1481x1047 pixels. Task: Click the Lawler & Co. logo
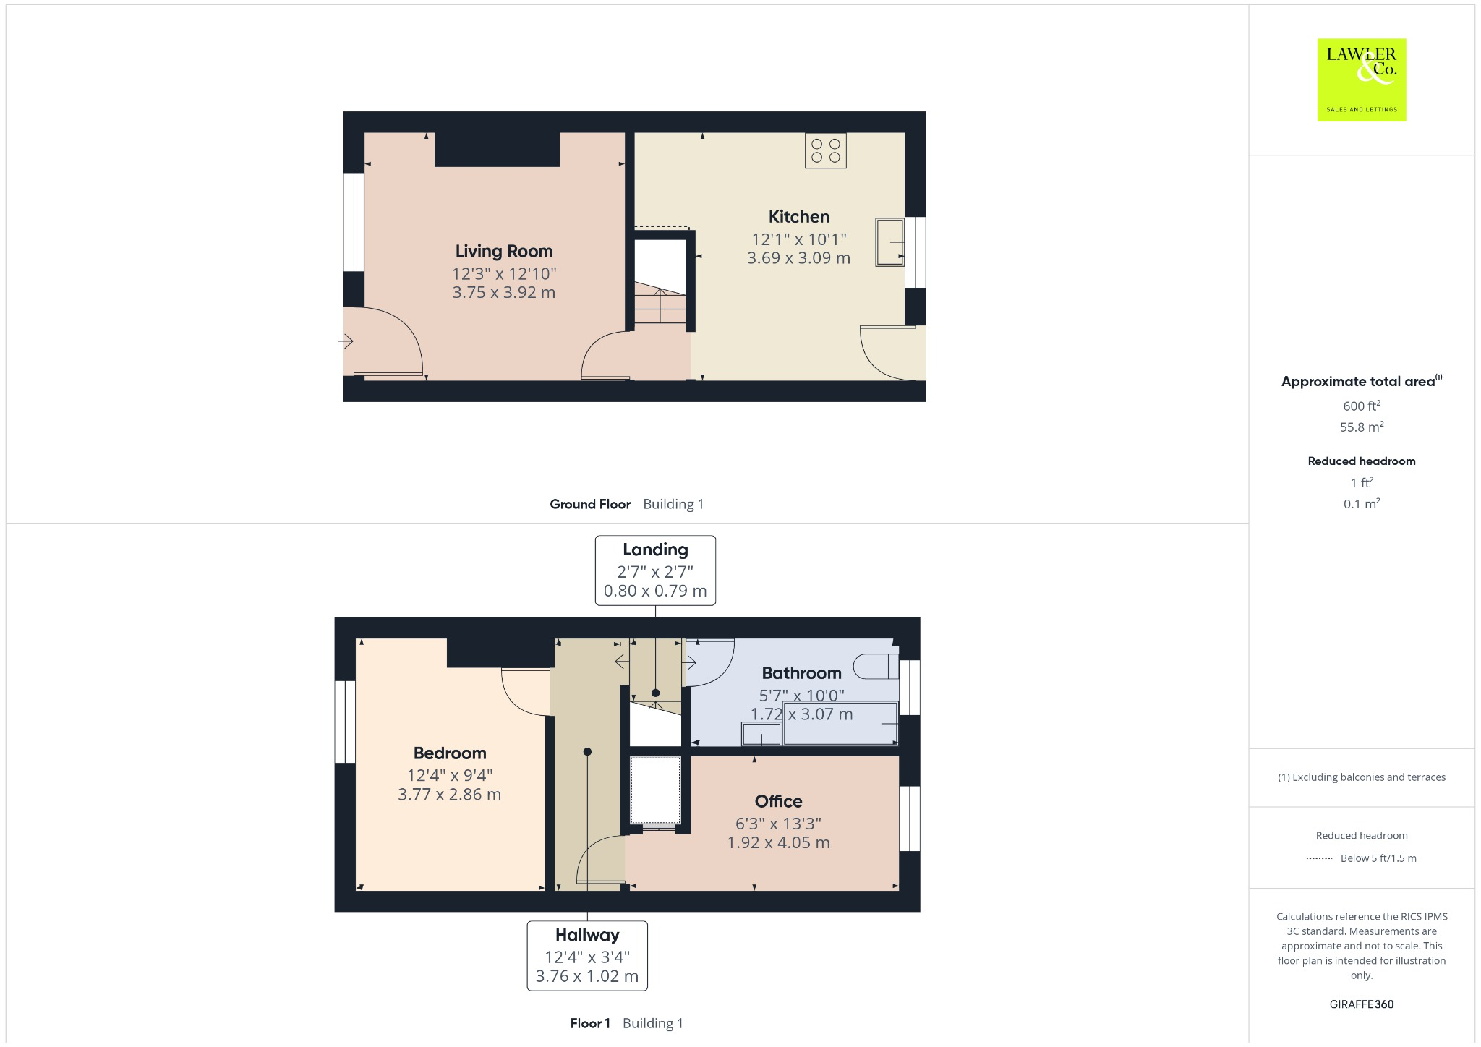click(1361, 80)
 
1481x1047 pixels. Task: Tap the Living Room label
click(503, 251)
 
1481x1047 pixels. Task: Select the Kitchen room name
click(798, 216)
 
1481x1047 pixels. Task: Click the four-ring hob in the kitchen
click(825, 150)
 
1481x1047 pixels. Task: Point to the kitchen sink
click(889, 242)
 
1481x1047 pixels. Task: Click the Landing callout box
click(655, 570)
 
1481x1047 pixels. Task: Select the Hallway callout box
click(586, 954)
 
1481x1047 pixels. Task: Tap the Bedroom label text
click(449, 753)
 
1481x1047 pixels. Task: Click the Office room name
click(778, 801)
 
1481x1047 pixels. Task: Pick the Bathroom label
click(801, 673)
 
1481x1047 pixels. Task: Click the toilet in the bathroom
click(874, 666)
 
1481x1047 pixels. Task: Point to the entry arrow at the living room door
click(346, 341)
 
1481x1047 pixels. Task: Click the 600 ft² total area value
click(1361, 406)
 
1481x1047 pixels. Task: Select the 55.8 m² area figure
click(1361, 427)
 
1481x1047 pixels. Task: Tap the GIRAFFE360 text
click(1361, 1004)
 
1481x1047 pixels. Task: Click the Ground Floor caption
click(590, 504)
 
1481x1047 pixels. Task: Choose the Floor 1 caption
click(590, 1023)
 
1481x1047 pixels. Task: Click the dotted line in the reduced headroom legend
click(1320, 858)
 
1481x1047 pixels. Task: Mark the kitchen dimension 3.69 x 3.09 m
click(798, 258)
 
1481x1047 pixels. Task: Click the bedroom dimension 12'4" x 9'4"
click(449, 775)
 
